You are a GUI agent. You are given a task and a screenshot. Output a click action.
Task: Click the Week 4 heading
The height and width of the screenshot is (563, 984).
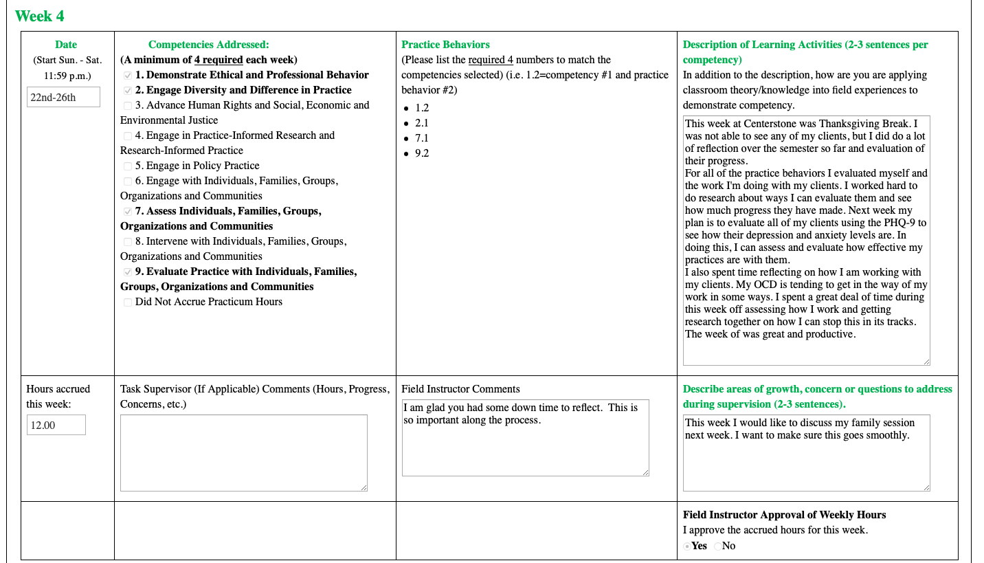[x=39, y=16]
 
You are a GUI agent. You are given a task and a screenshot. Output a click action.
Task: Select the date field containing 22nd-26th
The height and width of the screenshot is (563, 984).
[x=63, y=97]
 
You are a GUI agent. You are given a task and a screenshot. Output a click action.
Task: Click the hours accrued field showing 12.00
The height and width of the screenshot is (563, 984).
[x=56, y=426]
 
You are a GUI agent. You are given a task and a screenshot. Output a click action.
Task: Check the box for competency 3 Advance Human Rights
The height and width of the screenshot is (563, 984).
[x=128, y=106]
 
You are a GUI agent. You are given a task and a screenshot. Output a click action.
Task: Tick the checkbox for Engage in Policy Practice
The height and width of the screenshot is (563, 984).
[x=128, y=166]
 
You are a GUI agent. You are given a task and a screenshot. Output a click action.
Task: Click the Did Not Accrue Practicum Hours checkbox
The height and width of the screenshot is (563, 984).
[x=128, y=302]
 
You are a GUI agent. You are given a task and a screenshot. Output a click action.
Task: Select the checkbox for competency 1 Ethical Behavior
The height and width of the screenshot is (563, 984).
[x=128, y=76]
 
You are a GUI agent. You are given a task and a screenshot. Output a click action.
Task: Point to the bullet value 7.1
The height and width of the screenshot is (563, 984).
[x=421, y=138]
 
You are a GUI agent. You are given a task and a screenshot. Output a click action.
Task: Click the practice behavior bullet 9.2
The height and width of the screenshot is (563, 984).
[x=421, y=153]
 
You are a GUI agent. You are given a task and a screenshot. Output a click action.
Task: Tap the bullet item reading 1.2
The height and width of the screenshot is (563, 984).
[x=421, y=108]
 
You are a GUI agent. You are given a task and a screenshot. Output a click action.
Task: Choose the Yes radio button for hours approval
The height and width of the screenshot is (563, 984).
[x=688, y=547]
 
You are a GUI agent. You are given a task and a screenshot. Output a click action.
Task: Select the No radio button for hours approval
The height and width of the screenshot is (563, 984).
[x=718, y=547]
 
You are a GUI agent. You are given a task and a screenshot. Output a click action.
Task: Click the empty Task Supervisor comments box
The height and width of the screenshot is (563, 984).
[x=243, y=452]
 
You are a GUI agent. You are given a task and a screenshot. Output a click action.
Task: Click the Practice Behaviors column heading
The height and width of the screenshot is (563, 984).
[x=445, y=45]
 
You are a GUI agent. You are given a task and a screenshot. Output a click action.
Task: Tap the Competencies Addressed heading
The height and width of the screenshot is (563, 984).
[x=208, y=45]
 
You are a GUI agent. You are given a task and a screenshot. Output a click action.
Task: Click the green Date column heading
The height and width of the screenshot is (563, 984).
[x=66, y=45]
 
